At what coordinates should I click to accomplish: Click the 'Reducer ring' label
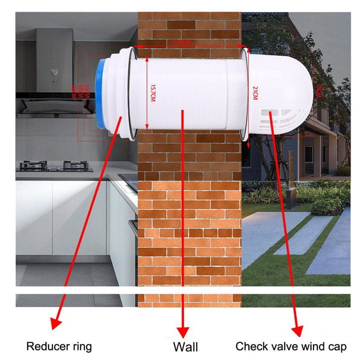tap(59, 345)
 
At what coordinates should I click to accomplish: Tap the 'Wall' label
tap(185, 346)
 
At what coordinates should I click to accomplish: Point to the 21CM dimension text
tap(254, 93)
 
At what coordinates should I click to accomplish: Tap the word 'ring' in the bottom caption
tap(82, 345)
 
